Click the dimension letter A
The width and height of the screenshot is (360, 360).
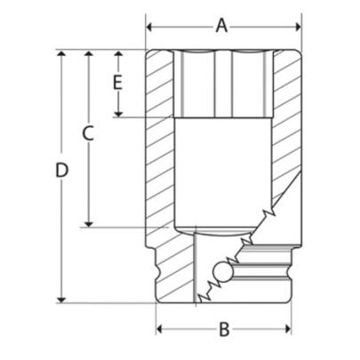pyautogui.click(x=222, y=26)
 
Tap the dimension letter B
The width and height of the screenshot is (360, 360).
pyautogui.click(x=224, y=330)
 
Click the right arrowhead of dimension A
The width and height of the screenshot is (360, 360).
pyautogui.click(x=292, y=27)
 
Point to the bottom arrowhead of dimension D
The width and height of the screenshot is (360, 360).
pyautogui.click(x=61, y=299)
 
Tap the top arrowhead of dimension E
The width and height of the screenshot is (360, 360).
pyautogui.click(x=116, y=56)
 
